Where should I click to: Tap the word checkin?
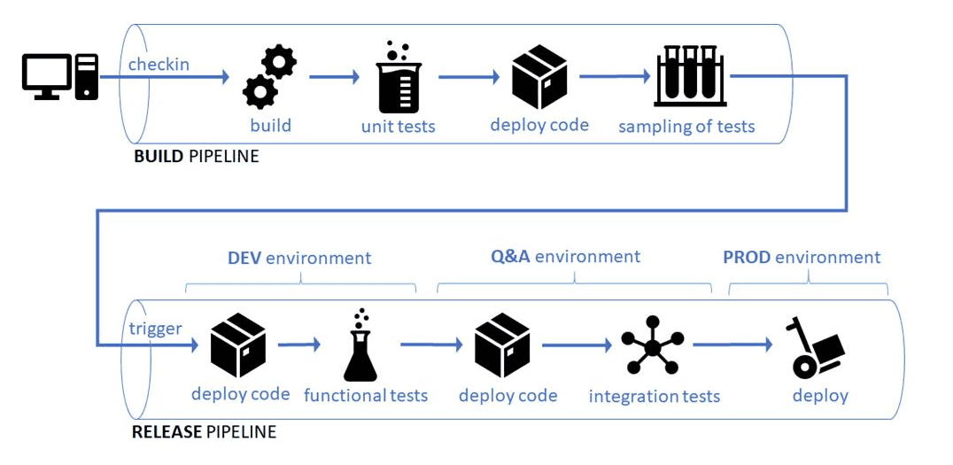coord(159,65)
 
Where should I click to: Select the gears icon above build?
coord(269,78)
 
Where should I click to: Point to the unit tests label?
coord(398,126)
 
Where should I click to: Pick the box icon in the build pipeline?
coord(539,78)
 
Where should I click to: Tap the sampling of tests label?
coord(686,126)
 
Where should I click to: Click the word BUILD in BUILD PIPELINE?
coord(159,157)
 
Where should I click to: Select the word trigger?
coord(155,329)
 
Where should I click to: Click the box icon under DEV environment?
coord(238,345)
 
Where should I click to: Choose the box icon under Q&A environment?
coord(502,345)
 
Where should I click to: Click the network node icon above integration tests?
coord(653,345)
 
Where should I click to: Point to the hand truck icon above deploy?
coord(814,347)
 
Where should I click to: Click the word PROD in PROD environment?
coord(747,258)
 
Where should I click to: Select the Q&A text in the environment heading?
coord(510,257)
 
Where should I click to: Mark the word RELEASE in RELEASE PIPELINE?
coord(167,432)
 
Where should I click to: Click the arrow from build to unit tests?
coord(333,77)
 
